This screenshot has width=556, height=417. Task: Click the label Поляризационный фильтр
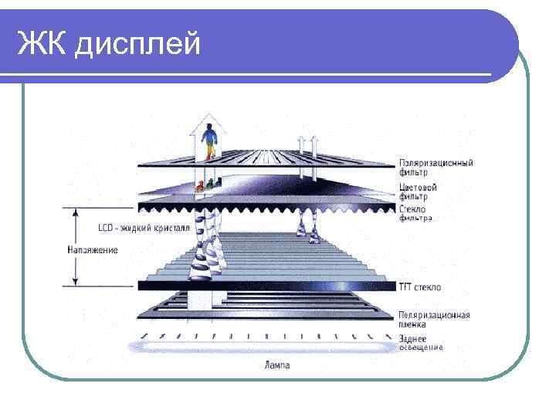[436, 167]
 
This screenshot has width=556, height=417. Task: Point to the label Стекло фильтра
[416, 213]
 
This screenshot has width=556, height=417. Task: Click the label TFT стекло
[420, 287]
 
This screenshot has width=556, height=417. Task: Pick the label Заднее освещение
[421, 343]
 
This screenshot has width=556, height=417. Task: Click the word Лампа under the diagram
[277, 364]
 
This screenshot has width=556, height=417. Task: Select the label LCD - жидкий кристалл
[143, 229]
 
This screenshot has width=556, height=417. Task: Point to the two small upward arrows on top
[308, 143]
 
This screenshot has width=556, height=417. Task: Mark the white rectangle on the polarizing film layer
[198, 300]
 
